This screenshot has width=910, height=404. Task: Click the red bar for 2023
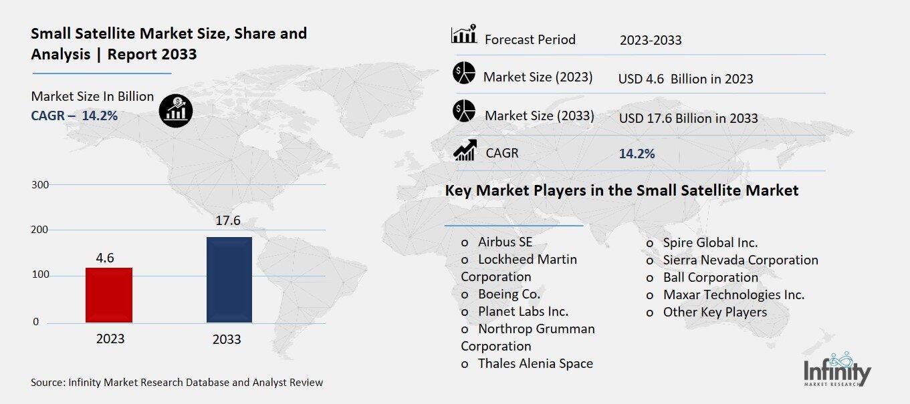[x=109, y=294]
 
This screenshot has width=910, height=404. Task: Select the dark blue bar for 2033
[x=229, y=279]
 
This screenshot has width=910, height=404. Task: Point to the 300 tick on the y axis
[x=41, y=184]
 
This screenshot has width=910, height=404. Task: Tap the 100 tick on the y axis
[x=41, y=276]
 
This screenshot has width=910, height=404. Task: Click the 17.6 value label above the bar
[x=227, y=221]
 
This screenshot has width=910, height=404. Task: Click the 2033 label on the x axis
[x=227, y=339]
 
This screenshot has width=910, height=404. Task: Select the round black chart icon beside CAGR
[x=176, y=110]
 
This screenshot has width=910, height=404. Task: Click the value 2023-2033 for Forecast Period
[x=651, y=40]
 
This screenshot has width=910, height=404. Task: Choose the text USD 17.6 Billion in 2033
[x=689, y=118]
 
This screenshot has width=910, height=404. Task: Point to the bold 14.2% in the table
[x=637, y=154]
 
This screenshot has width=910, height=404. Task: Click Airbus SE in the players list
[x=505, y=242]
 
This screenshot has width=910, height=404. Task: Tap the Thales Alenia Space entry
[x=535, y=363]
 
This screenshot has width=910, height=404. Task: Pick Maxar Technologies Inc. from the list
[x=733, y=294]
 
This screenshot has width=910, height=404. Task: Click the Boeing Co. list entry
[x=509, y=294]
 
